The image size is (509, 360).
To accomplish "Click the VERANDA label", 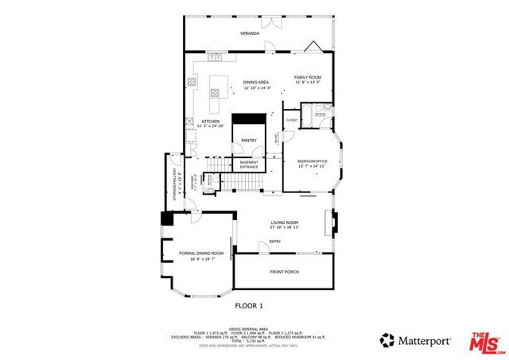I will (251, 33).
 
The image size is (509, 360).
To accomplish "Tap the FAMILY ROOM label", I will (307, 77).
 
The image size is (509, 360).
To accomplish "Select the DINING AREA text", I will (256, 83).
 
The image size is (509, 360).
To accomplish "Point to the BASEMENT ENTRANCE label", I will (249, 164).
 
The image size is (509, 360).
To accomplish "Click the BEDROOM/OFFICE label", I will (313, 163).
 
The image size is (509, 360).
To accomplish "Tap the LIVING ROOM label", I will (284, 223).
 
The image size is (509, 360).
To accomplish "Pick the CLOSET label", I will (292, 120).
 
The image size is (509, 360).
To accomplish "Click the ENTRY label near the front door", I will (275, 242).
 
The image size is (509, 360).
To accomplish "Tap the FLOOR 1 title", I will (248, 305).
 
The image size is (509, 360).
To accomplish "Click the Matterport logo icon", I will (388, 339).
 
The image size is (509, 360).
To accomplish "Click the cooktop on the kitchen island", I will (213, 95).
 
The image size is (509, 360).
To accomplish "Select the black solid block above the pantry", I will (251, 118).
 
